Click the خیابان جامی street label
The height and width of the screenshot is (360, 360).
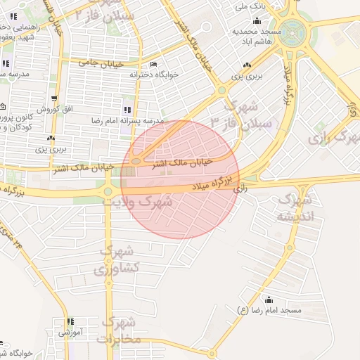pos(103,63)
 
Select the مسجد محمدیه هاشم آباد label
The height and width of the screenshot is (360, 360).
pos(258,37)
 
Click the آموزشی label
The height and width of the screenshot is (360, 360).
pos(71,331)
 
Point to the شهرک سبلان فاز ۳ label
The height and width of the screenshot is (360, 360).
pos(250,117)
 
